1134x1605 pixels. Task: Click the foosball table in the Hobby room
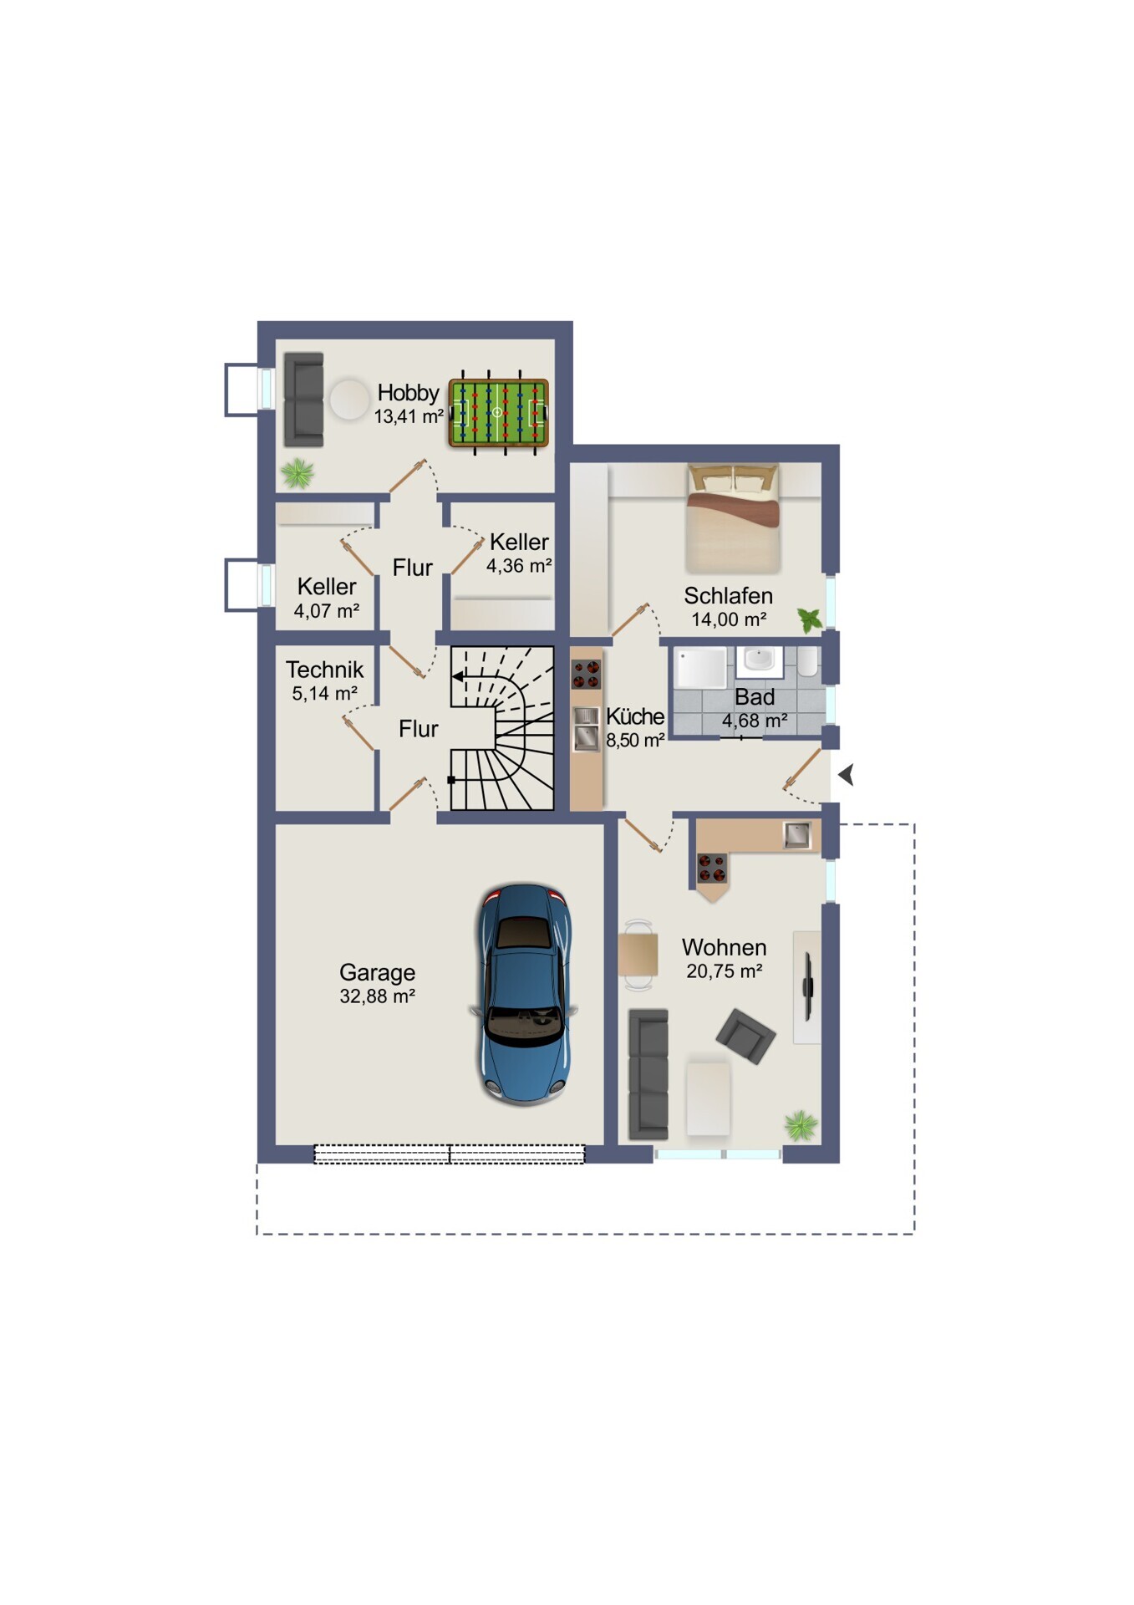(x=498, y=412)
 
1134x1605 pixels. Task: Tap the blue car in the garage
(x=524, y=994)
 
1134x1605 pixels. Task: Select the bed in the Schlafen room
(x=733, y=517)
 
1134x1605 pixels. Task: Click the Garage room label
(x=377, y=972)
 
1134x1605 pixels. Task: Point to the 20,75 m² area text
(x=724, y=971)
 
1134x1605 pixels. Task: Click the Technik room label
(x=324, y=670)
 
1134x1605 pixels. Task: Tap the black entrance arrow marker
(x=846, y=775)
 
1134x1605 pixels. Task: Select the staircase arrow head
(x=458, y=676)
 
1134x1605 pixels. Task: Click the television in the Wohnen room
(x=807, y=986)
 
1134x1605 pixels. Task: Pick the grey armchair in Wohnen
(x=745, y=1036)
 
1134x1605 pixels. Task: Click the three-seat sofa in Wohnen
(x=648, y=1074)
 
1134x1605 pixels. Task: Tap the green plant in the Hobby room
(x=297, y=473)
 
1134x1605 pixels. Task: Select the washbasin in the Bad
(x=760, y=660)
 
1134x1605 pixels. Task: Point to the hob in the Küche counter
(x=586, y=674)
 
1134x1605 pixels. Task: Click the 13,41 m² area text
(x=408, y=416)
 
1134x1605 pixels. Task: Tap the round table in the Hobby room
(x=348, y=400)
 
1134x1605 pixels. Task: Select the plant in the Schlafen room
(x=809, y=620)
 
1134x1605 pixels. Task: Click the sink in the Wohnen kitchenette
(x=796, y=834)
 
